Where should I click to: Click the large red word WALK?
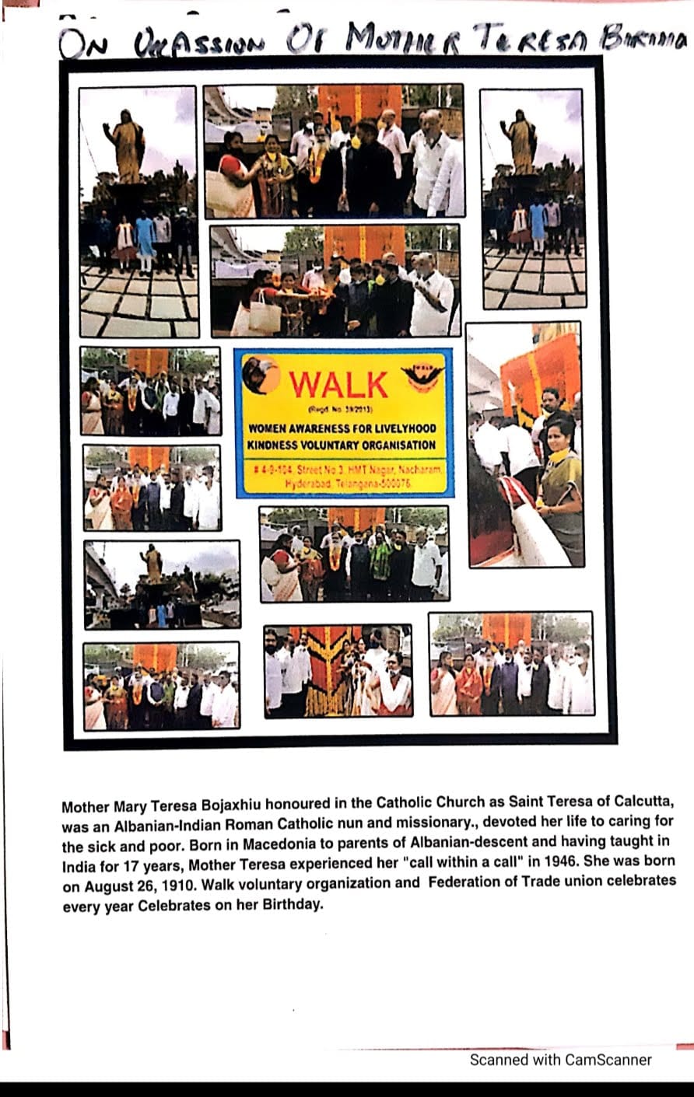coord(338,385)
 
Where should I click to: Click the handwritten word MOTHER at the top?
coord(398,38)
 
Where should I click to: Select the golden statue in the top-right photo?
coord(520,142)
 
